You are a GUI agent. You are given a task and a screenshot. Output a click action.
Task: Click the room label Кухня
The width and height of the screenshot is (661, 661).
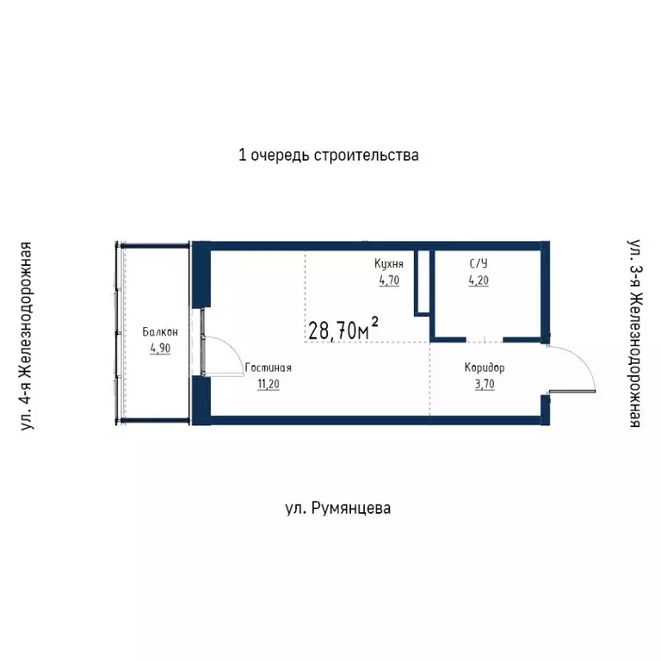[x=389, y=263]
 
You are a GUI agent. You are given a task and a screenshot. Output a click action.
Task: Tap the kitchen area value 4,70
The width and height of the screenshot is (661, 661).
[x=389, y=279]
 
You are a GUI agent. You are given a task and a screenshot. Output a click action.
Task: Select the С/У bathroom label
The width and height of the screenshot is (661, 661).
[x=479, y=263]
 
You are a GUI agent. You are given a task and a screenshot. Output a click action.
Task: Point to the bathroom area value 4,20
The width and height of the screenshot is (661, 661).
[x=479, y=279]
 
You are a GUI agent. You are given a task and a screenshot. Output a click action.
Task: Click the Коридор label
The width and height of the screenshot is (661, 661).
[x=485, y=368]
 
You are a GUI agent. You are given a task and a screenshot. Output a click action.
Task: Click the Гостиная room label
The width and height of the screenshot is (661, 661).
[x=269, y=368]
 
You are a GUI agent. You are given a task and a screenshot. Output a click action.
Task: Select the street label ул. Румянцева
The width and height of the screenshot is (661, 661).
[x=337, y=508]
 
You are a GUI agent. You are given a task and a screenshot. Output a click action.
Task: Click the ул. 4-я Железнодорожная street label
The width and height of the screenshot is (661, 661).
[x=27, y=336]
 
